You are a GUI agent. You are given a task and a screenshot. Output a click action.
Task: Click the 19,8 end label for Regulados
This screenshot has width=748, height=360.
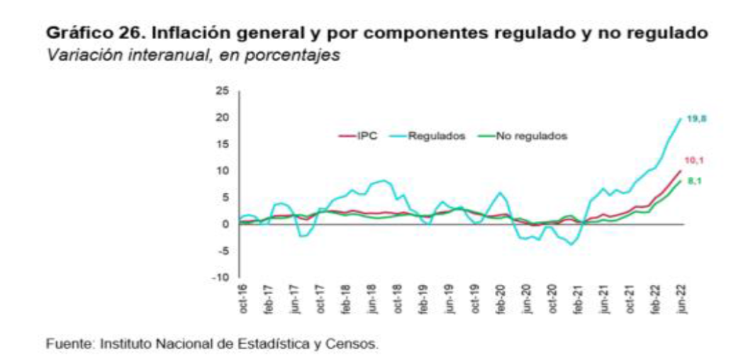pos(698,118)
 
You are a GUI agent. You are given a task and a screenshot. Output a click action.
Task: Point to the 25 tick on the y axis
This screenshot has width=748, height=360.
pos(223,91)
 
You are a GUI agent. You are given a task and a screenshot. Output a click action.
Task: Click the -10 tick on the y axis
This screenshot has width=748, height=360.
pos(221,277)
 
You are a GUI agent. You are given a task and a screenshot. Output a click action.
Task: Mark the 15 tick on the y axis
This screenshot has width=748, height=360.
pos(223,144)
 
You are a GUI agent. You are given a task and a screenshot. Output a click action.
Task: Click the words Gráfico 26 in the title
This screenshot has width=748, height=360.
pos(81,33)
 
